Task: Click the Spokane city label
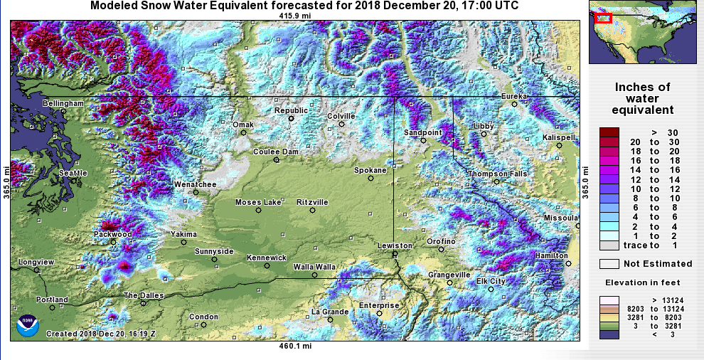(x=370, y=170)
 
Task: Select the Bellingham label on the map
(x=63, y=103)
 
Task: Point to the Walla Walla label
(x=314, y=267)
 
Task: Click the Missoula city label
(x=561, y=217)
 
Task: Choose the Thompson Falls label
(x=498, y=174)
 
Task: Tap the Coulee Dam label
(x=276, y=152)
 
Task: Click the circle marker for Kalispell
(x=559, y=145)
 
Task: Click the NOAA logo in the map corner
(x=27, y=324)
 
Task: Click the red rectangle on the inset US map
(x=603, y=18)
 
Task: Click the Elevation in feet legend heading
(x=642, y=282)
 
